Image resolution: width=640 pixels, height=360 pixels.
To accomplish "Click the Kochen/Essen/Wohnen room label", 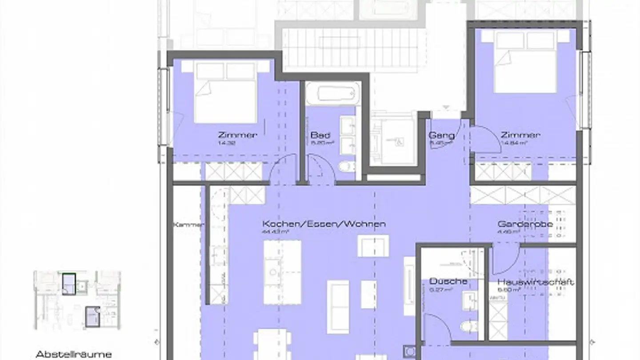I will pyautogui.click(x=324, y=224).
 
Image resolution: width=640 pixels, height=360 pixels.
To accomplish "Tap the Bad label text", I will pyautogui.click(x=320, y=135).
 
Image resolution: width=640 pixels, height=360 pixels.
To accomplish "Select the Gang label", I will pyautogui.click(x=441, y=136).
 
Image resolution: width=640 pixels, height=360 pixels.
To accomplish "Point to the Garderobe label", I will pyautogui.click(x=525, y=224).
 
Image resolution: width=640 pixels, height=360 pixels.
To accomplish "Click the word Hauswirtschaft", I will pyautogui.click(x=535, y=282).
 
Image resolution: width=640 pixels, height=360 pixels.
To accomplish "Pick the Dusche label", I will pyautogui.click(x=448, y=281).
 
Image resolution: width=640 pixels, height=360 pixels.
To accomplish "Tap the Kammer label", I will pyautogui.click(x=189, y=225).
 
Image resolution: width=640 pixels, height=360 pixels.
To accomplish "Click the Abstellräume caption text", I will pyautogui.click(x=73, y=354).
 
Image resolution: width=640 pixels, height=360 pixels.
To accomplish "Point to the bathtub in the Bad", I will pyautogui.click(x=339, y=94).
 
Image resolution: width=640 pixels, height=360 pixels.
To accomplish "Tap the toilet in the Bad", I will pyautogui.click(x=346, y=166).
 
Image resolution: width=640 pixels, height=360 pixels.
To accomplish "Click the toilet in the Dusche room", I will pyautogui.click(x=469, y=327).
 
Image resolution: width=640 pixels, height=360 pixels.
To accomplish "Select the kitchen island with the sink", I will pyautogui.click(x=282, y=272).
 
